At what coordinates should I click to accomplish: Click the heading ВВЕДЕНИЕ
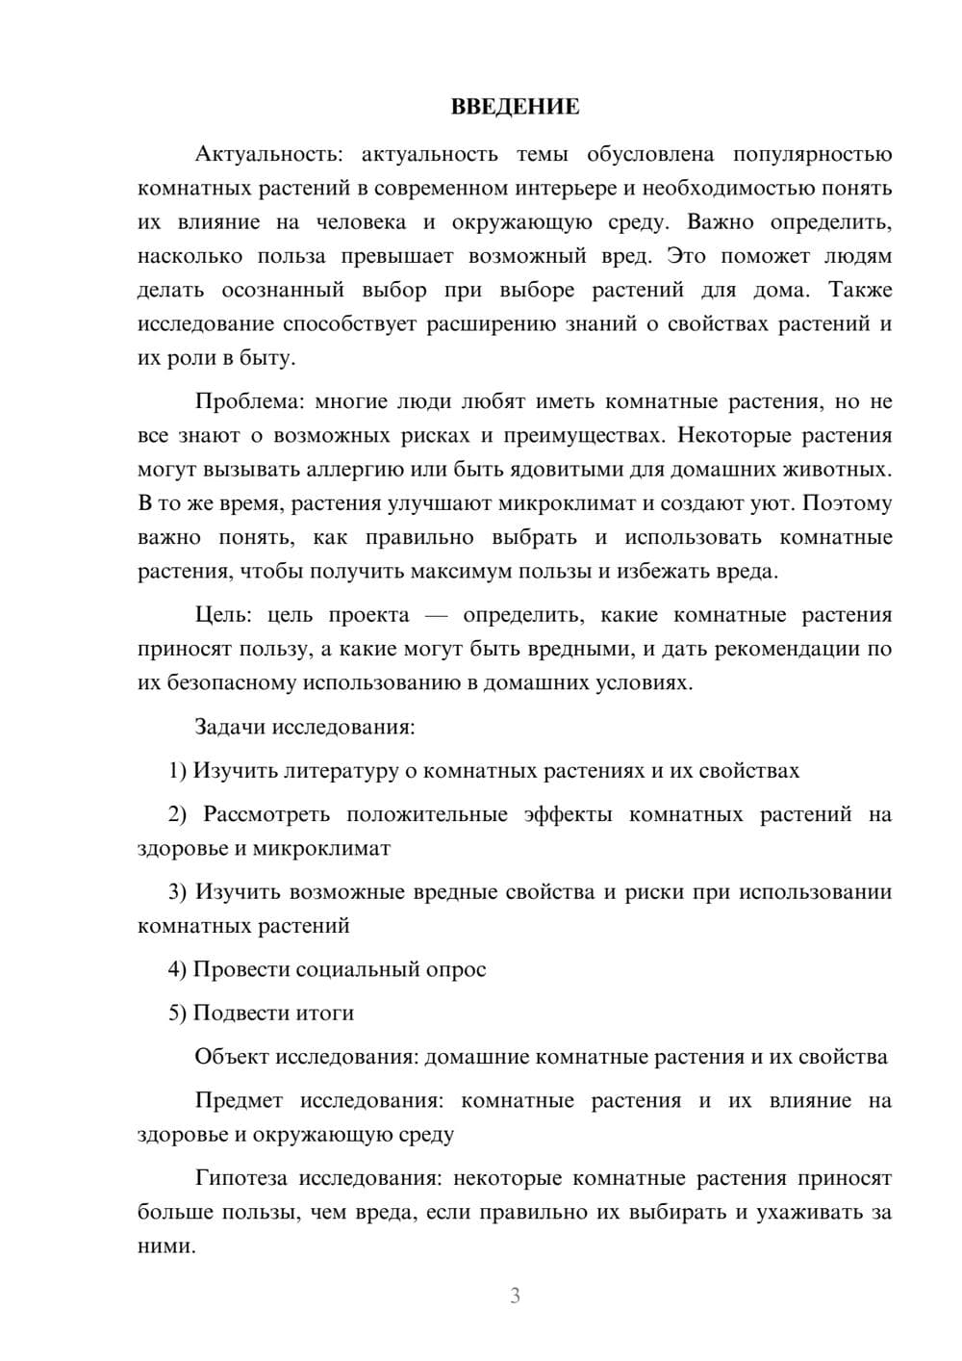pyautogui.click(x=515, y=107)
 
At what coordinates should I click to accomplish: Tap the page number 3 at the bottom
pyautogui.click(x=515, y=1296)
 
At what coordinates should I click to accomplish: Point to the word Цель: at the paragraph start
pyautogui.click(x=223, y=615)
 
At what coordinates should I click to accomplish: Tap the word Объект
pyautogui.click(x=232, y=1057)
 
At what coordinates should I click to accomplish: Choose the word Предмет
pyautogui.click(x=240, y=1100)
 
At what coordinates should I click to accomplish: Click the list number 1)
pyautogui.click(x=178, y=771)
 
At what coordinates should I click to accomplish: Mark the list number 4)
pyautogui.click(x=178, y=969)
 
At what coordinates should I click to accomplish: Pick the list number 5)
pyautogui.click(x=178, y=1013)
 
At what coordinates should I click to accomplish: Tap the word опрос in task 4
pyautogui.click(x=455, y=969)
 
